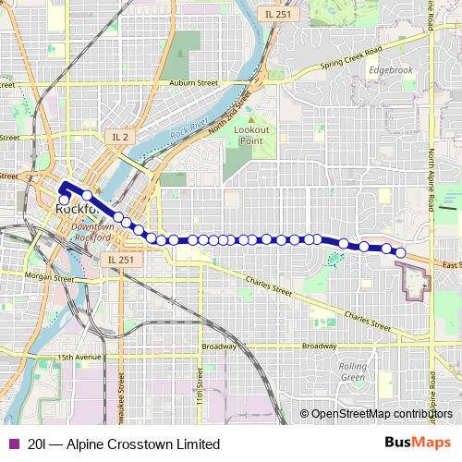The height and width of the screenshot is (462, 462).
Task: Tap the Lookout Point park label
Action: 251,135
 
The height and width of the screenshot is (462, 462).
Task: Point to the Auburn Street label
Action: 193,83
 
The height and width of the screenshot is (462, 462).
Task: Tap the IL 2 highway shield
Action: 120,137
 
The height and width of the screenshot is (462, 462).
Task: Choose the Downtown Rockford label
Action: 91,231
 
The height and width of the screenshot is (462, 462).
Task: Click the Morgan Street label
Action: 49,276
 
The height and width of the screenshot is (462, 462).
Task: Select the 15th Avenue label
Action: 78,357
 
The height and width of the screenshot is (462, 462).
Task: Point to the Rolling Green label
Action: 353,371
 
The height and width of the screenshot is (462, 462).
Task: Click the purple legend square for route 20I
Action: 13,444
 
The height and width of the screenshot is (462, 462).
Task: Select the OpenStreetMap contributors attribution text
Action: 382,414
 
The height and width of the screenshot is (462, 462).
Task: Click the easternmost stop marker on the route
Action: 401,252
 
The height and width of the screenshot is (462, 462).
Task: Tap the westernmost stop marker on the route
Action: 64,199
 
